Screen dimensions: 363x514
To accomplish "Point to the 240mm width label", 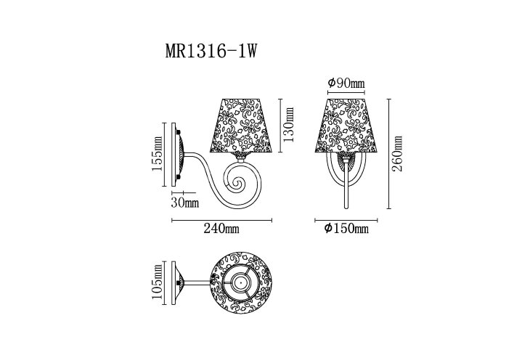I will pyautogui.click(x=222, y=229).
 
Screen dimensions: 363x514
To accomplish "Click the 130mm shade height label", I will pyautogui.click(x=288, y=123).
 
